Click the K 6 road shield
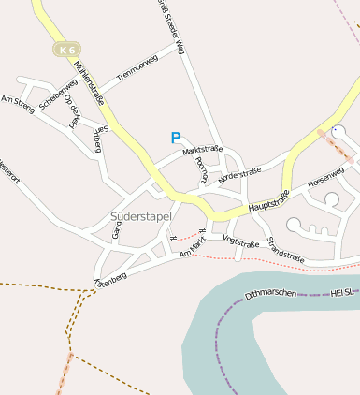point(66,50)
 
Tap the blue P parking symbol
point(175,138)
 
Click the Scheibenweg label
point(58,97)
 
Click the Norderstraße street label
point(239,173)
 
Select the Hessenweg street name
point(326,179)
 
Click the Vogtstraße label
point(240,241)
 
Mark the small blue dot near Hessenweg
point(335,128)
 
